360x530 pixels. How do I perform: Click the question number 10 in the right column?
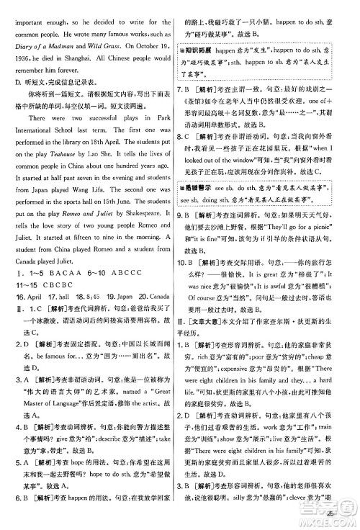(x=189, y=261)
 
